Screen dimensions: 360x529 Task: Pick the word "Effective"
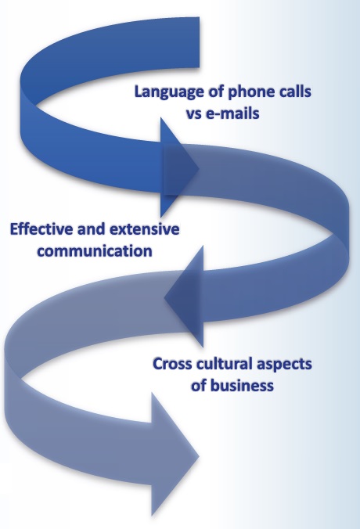(x=42, y=229)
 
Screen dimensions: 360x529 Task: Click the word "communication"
(x=95, y=251)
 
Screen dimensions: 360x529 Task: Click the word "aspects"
(x=284, y=365)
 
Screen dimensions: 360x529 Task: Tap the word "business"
(x=242, y=386)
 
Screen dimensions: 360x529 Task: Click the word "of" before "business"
(x=199, y=386)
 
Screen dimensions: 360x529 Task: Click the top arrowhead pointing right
(x=178, y=167)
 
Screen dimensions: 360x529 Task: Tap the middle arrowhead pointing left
(x=185, y=297)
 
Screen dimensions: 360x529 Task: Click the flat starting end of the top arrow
(x=199, y=42)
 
